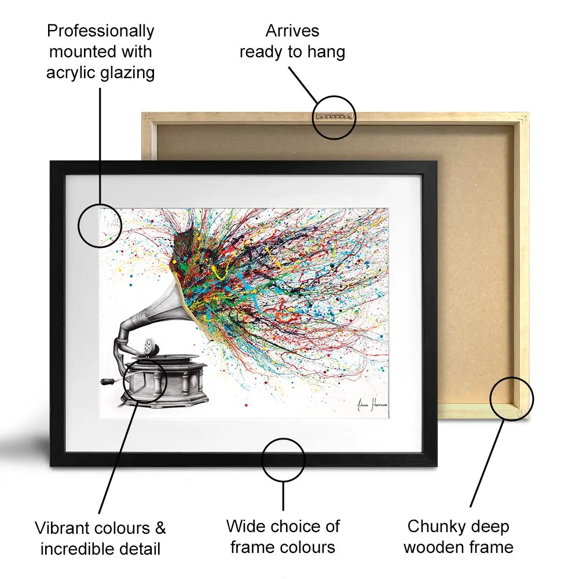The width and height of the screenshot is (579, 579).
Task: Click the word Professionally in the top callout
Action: pos(100,31)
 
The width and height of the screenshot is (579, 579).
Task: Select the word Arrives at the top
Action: pos(292,31)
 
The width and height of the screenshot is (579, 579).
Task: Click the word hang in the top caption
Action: pos(326,52)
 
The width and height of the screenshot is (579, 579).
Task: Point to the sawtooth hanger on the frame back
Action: pos(334,116)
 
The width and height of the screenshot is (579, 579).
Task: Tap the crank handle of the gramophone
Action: pos(111,381)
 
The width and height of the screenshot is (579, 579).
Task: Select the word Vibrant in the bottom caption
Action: pos(62,528)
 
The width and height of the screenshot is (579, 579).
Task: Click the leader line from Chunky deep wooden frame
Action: pos(487,464)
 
